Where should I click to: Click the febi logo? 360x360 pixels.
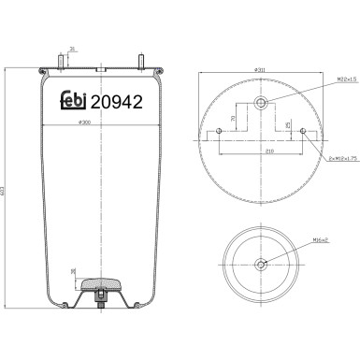[x=79, y=105]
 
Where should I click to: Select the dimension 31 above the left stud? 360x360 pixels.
[x=72, y=50]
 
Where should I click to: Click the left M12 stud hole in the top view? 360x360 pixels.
[x=218, y=131]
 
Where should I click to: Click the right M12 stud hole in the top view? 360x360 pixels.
[x=304, y=131]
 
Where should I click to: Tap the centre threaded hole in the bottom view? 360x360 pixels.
[x=261, y=265]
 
